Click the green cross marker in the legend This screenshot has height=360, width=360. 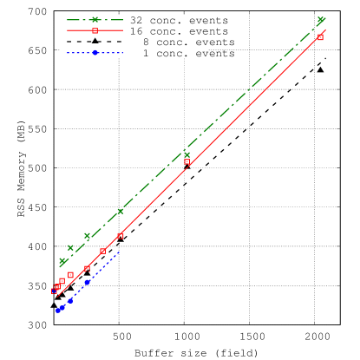(x=95, y=19)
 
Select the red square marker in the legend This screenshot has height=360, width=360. (x=95, y=30)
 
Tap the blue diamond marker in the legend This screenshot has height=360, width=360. (x=95, y=53)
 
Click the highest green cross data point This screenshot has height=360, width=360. (x=321, y=19)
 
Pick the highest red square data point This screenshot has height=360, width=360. (x=320, y=37)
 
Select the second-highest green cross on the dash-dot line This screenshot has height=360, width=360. (x=187, y=155)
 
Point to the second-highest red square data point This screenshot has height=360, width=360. (x=187, y=162)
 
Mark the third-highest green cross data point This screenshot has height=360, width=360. (x=121, y=211)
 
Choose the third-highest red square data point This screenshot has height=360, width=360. (x=121, y=236)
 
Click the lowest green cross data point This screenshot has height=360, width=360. (x=62, y=261)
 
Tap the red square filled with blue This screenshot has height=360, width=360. (x=54, y=291)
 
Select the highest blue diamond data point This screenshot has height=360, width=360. (x=87, y=282)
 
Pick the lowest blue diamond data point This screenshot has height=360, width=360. (x=57, y=310)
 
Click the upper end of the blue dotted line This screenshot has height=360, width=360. (x=119, y=252)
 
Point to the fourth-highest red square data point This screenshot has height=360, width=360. (x=102, y=251)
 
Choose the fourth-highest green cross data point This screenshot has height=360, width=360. (x=87, y=235)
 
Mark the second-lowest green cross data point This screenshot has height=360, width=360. (x=70, y=248)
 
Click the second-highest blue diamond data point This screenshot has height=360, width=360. (x=70, y=300)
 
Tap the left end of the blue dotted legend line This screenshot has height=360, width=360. (x=68, y=53)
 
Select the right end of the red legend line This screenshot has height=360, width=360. (x=122, y=30)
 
